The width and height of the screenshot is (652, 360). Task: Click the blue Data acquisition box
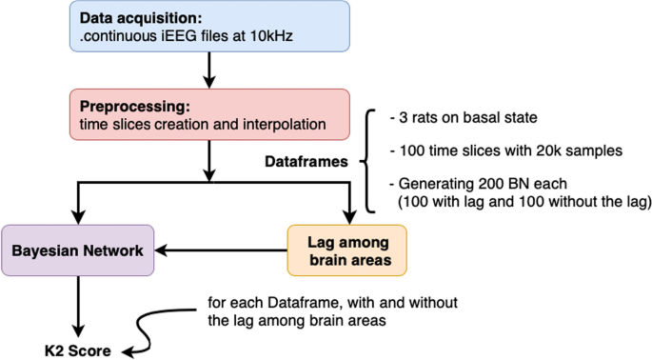tap(206, 27)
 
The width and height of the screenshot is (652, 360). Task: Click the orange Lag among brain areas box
tap(346, 251)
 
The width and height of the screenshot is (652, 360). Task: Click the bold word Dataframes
tap(304, 163)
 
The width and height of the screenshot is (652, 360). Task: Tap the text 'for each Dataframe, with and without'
tap(332, 303)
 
